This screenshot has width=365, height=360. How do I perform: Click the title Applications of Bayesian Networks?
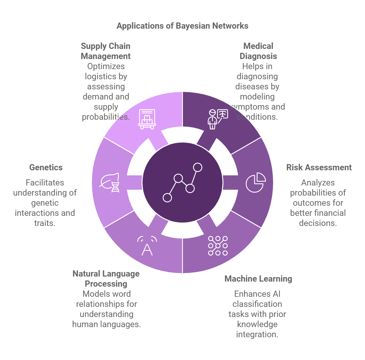coord(182,26)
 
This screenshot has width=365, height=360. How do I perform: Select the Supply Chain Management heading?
coord(106,51)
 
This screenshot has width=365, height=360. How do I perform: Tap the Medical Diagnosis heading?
coord(258,51)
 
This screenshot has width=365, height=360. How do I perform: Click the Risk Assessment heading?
coord(319,167)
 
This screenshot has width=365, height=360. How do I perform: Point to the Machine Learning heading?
coord(258,279)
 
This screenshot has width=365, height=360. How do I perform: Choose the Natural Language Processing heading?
coord(106,279)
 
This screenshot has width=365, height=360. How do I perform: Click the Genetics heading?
coord(46,167)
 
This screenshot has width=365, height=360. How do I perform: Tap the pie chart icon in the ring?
coord(255,182)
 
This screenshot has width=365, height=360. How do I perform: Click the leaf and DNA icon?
coord(110,182)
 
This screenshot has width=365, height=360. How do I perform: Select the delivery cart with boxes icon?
coord(147,119)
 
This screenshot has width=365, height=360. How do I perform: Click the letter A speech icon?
coord(147,246)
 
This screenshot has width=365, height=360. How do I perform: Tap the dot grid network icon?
coord(218,246)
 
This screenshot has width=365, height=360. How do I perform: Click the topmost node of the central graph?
coord(198,167)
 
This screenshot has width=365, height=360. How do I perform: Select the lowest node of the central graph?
coord(167,198)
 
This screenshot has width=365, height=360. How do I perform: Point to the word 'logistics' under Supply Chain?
coord(106,76)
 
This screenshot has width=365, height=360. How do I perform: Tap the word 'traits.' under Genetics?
coord(45,223)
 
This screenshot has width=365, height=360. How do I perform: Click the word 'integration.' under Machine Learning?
coord(257,334)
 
